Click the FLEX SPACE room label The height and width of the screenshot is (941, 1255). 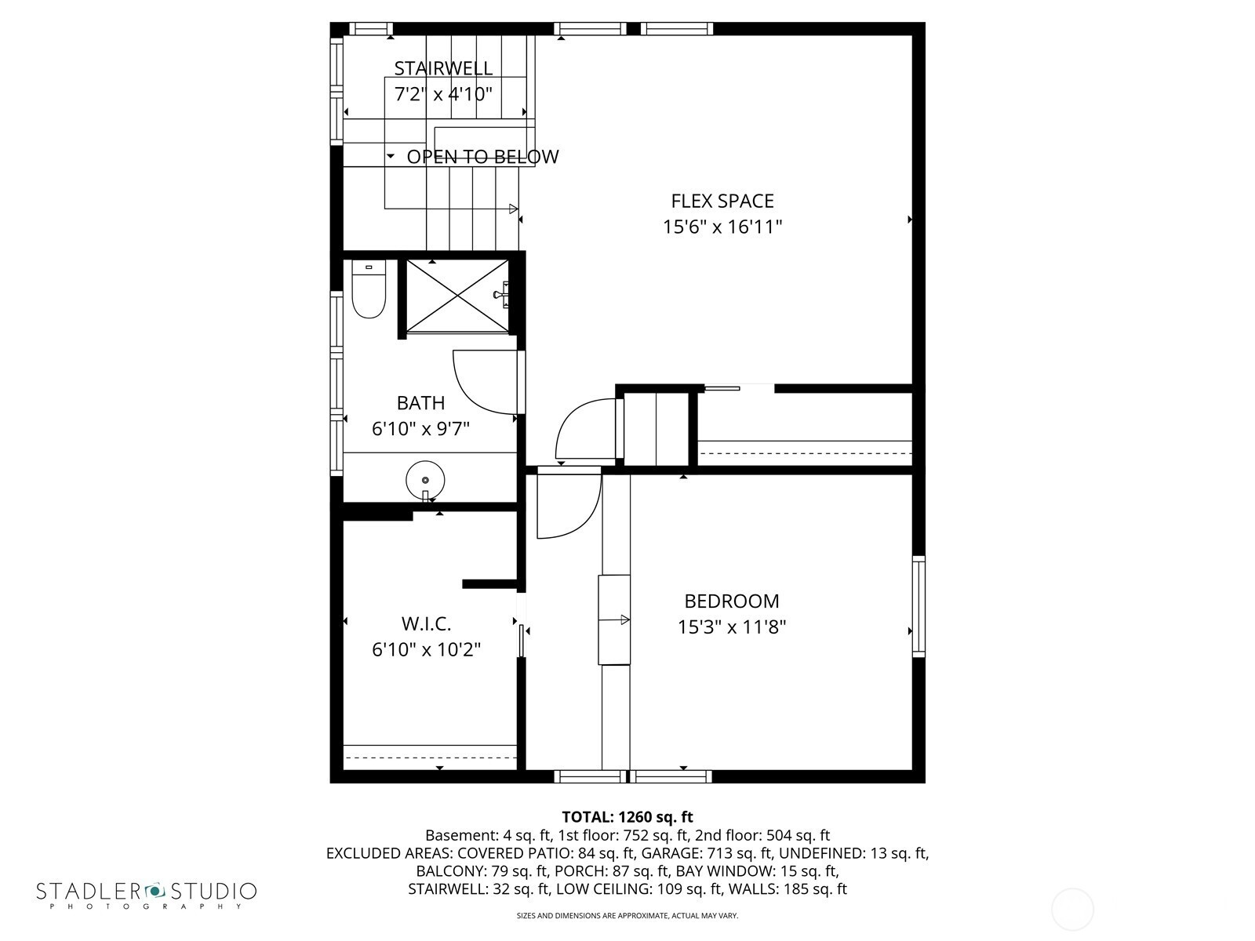point(722,201)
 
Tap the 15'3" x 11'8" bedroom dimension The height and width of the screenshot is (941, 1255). point(732,627)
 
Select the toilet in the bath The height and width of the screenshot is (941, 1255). point(369,289)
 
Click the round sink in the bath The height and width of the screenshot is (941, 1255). point(425,480)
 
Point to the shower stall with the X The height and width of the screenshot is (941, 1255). point(457,296)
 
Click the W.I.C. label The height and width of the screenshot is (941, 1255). point(427,624)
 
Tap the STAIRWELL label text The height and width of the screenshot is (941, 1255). point(443,68)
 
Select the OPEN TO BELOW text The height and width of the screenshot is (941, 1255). point(482,157)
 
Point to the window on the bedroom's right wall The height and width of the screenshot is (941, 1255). point(919,606)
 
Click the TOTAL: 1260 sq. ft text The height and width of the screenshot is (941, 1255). point(627,817)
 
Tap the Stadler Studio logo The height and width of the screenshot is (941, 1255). point(147,896)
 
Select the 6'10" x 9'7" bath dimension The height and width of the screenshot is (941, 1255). point(420,428)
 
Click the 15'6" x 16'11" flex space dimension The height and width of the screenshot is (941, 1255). point(722,227)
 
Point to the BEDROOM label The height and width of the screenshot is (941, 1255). point(732,601)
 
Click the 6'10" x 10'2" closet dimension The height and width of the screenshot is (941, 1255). point(427,649)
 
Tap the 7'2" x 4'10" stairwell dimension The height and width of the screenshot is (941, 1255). point(443,93)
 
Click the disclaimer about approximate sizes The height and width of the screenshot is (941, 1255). point(627,916)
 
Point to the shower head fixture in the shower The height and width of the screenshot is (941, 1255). point(501,295)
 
